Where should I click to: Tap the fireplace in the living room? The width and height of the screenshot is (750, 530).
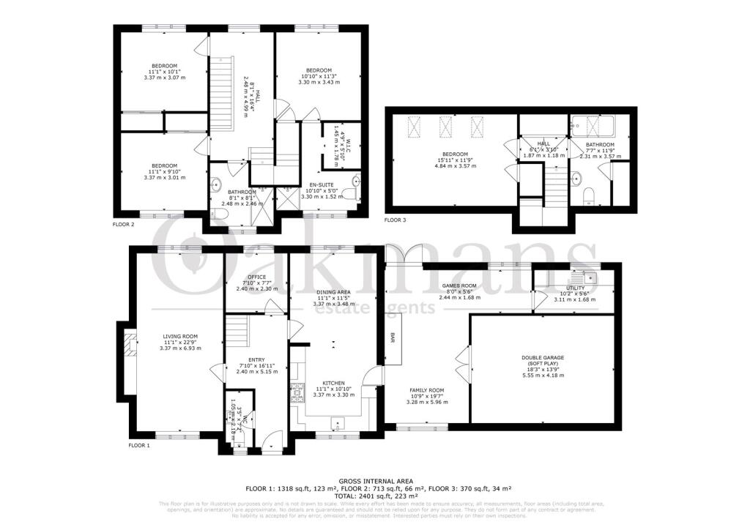tap(130, 345)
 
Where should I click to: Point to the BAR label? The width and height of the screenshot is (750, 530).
tap(393, 339)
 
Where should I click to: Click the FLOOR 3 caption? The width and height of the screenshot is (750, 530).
tap(396, 220)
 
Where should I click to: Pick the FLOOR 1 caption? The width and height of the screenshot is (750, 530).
tap(138, 445)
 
